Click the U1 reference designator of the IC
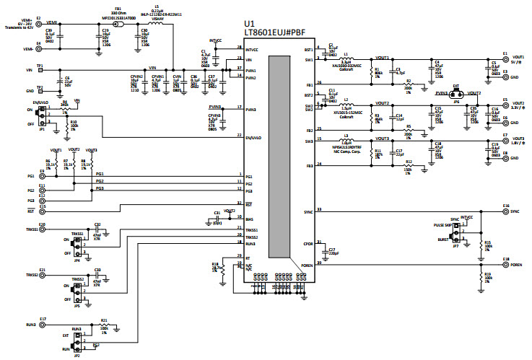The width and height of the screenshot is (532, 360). tap(251, 25)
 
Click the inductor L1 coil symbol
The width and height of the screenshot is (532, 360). tap(349, 59)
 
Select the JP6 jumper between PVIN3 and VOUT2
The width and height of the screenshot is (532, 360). tap(455, 94)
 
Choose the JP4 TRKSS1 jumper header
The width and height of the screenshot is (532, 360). tap(77, 242)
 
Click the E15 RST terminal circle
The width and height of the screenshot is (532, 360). tap(41, 211)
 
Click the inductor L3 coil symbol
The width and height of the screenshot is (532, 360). tap(349, 141)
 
